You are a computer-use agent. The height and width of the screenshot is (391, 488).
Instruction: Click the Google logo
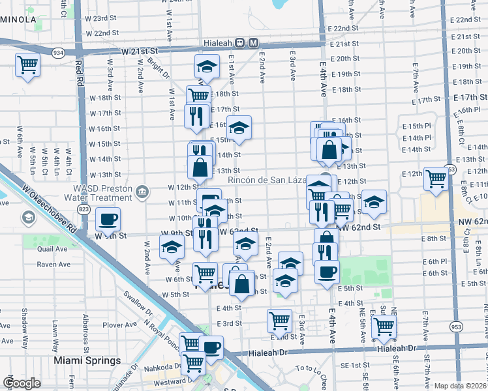click(22, 383)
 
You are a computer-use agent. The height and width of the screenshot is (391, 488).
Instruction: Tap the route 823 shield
click(84, 209)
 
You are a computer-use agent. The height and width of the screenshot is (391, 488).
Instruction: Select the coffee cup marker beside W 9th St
click(108, 220)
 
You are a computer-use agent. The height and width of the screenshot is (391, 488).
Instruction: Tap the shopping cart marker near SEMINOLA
click(28, 65)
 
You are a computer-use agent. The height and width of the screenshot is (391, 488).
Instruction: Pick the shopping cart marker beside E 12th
click(435, 178)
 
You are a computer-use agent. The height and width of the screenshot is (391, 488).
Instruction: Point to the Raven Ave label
click(53, 264)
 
